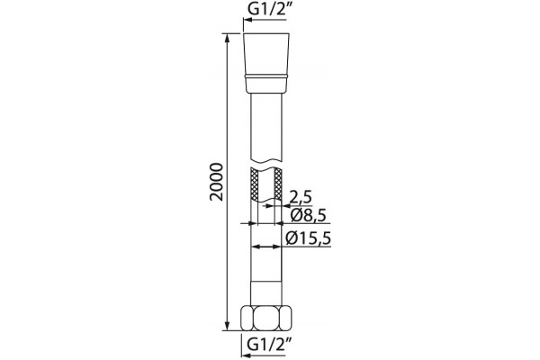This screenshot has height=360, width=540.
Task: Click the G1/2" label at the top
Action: click(267, 10)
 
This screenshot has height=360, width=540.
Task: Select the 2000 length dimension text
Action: click(217, 182)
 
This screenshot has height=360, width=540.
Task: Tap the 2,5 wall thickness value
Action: click(301, 197)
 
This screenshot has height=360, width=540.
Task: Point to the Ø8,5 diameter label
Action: click(308, 215)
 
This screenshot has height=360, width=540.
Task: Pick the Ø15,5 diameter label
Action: click(309, 238)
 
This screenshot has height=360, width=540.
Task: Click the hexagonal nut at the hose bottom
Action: click(265, 319)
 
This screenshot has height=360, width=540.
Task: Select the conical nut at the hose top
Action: click(266, 63)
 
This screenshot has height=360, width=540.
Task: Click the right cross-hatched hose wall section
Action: click(277, 184)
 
